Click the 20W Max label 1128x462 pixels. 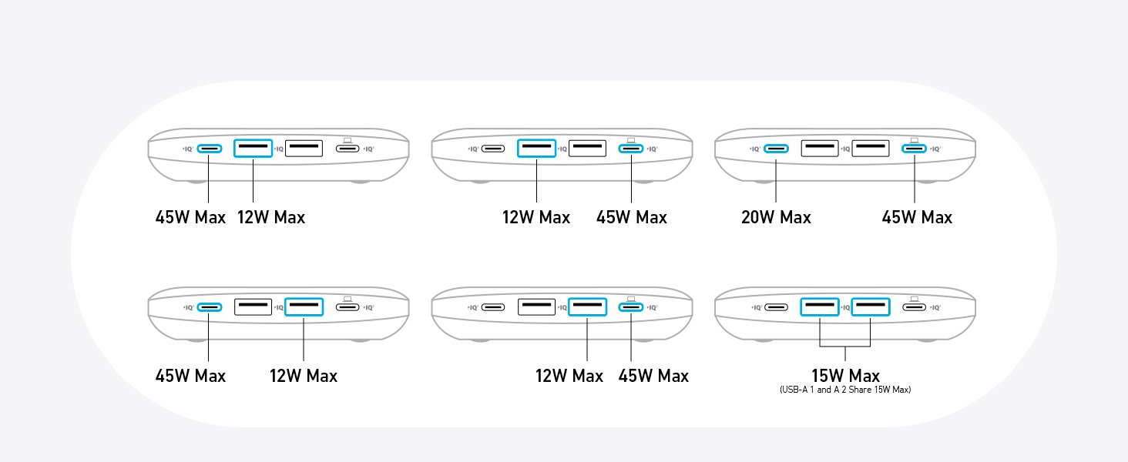point(776,217)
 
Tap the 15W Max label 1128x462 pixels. point(845,376)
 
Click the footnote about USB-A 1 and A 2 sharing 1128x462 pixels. point(845,390)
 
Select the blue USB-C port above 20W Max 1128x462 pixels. point(776,149)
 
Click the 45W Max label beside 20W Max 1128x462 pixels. point(917,217)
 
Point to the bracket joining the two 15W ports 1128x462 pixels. point(845,346)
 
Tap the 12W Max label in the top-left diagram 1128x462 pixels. point(271,217)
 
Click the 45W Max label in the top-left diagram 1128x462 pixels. point(190,217)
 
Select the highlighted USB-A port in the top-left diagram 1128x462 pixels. point(253,148)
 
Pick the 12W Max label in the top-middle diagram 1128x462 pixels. point(535,217)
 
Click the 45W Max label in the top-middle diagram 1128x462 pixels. point(632,217)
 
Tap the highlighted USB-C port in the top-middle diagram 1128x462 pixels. point(631,149)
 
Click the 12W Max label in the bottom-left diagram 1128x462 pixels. point(303,376)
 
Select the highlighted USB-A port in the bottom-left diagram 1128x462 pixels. point(304,307)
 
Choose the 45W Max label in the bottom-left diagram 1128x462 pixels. point(190,376)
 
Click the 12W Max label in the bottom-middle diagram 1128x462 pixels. point(569,376)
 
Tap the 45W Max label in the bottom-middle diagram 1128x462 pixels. point(653,376)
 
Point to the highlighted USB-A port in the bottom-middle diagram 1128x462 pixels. point(587,307)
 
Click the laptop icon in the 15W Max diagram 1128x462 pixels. point(914,300)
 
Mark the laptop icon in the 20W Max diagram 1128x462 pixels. point(914,140)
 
